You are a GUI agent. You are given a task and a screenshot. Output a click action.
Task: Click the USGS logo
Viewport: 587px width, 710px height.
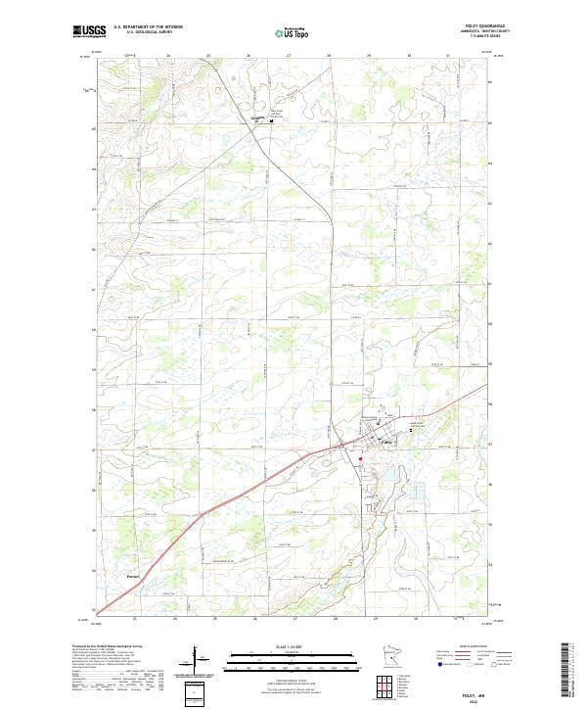(x=90, y=31)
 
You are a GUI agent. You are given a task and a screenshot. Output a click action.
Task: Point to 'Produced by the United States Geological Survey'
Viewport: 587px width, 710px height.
(x=108, y=647)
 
